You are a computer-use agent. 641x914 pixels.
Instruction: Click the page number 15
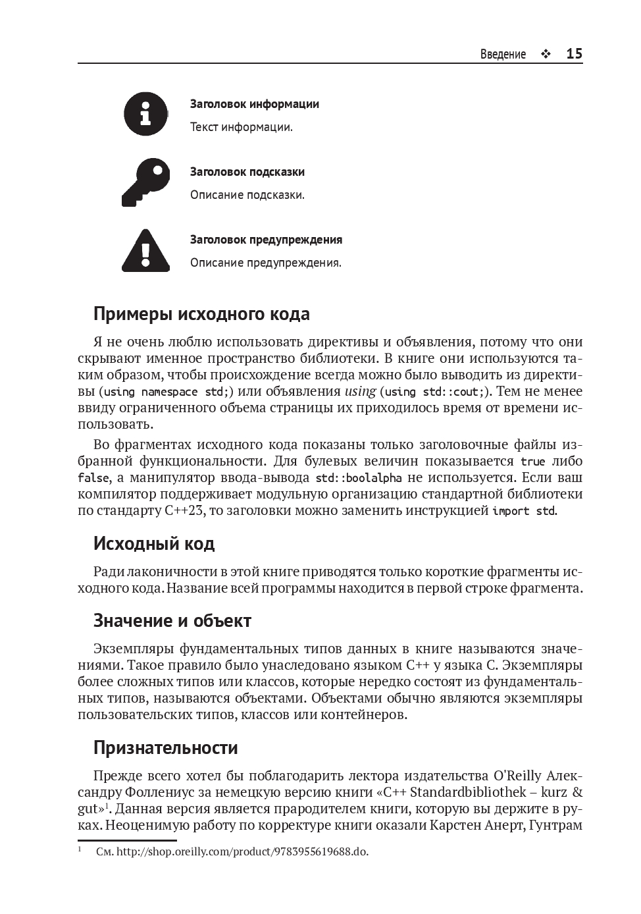(574, 54)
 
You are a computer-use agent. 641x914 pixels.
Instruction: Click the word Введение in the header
(503, 55)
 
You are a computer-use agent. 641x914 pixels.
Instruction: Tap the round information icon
(146, 114)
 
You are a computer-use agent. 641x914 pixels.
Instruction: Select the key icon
(145, 182)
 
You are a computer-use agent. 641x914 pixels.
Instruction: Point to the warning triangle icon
(146, 251)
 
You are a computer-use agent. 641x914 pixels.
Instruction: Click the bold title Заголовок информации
(254, 104)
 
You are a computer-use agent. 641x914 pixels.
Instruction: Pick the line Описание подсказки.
(247, 195)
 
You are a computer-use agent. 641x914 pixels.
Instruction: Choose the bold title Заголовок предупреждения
(266, 240)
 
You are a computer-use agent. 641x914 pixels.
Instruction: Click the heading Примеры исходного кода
(201, 314)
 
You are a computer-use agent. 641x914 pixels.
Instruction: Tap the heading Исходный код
(154, 544)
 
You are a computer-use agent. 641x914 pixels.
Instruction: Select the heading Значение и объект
(172, 621)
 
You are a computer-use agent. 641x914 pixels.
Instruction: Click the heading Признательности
(165, 748)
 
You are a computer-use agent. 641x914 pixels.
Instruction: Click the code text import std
(524, 511)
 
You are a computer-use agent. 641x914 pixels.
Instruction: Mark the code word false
(93, 478)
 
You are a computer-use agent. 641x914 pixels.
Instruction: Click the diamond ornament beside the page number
(546, 55)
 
